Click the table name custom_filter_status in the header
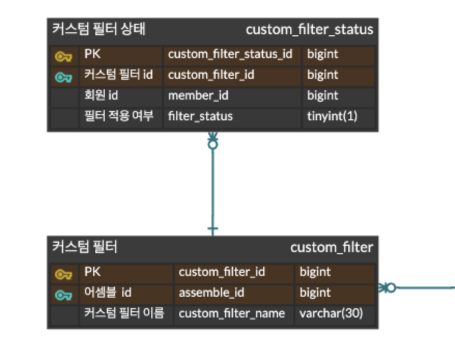tap(309, 30)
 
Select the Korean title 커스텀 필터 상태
tap(98, 29)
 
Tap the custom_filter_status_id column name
tap(230, 54)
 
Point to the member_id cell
tap(198, 95)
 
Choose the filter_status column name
tap(200, 116)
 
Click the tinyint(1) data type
tap(332, 116)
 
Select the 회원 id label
tap(101, 95)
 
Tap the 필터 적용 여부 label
tap(119, 116)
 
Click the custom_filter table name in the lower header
tap(331, 247)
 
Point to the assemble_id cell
tap(211, 293)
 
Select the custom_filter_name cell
tap(232, 313)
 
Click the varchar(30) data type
tap(331, 313)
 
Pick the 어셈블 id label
tap(107, 293)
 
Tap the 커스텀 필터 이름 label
tap(124, 313)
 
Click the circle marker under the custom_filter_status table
tap(212, 145)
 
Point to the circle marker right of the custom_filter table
tap(391, 287)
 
